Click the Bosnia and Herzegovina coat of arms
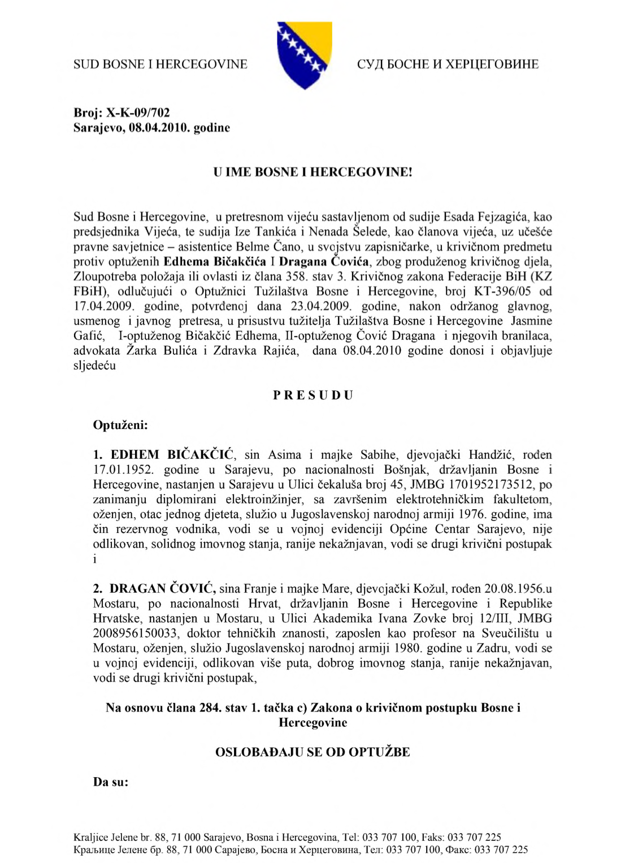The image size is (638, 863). point(304,55)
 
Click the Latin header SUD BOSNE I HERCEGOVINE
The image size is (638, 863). point(160,64)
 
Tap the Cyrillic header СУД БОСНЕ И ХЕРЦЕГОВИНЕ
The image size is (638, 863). point(448,64)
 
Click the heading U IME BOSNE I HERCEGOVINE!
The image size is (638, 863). point(313,172)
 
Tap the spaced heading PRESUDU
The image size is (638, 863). point(313,395)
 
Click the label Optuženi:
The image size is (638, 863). point(120,425)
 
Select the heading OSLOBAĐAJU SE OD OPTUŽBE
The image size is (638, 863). point(313,752)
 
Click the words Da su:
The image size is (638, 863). point(111,782)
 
